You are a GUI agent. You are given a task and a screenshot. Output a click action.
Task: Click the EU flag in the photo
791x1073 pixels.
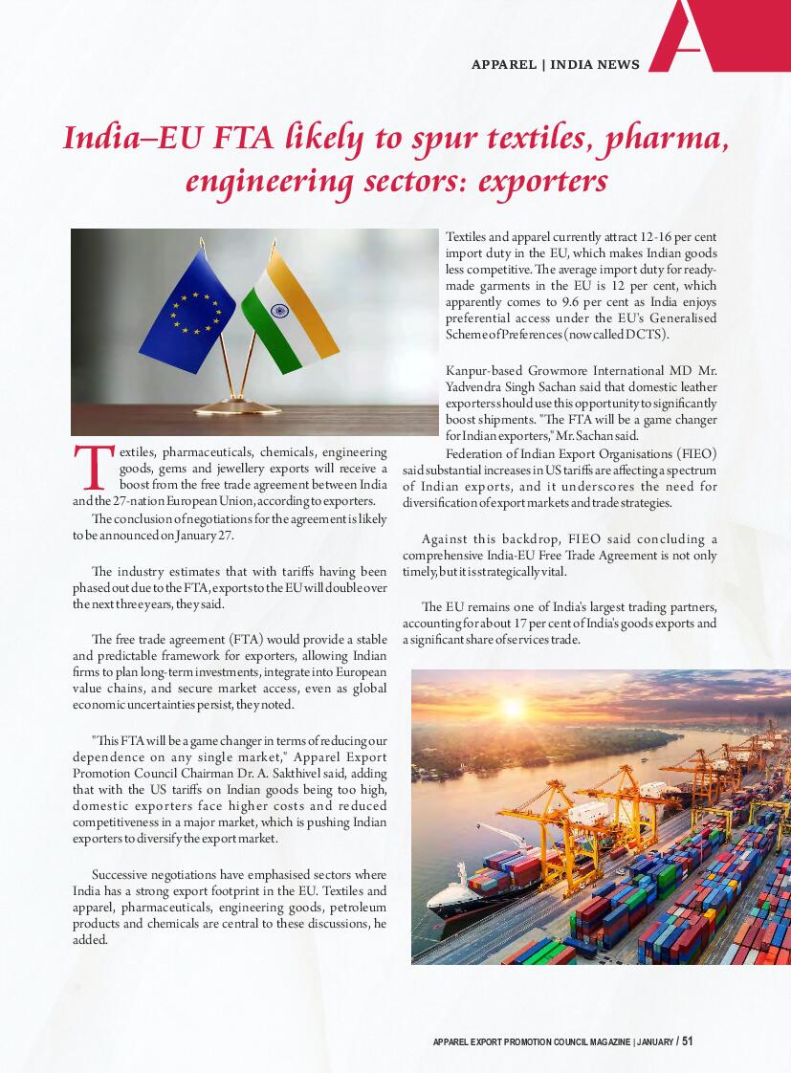188,311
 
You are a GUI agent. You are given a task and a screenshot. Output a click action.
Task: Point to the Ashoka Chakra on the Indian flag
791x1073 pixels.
280,311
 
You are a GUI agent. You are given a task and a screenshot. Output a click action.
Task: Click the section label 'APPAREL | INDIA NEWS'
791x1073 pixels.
555,65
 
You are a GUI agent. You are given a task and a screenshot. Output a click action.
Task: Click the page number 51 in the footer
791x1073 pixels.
687,1040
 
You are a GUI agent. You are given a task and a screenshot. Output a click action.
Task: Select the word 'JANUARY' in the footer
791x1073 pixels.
653,1041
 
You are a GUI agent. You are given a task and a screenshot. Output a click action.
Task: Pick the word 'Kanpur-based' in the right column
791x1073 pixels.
481,370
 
